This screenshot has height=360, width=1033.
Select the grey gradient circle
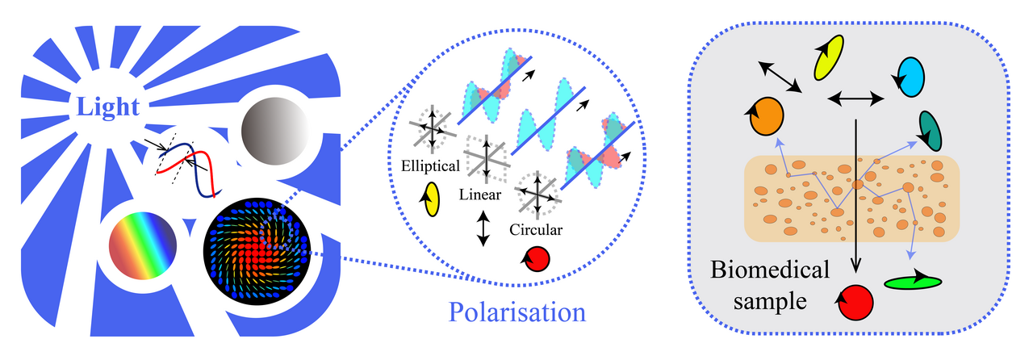275,131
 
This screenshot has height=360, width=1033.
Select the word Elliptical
430,167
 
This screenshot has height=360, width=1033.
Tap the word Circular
536,230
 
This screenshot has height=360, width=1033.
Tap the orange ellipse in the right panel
765,117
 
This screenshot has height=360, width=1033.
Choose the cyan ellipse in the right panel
910,77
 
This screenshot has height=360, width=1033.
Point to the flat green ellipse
913,282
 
